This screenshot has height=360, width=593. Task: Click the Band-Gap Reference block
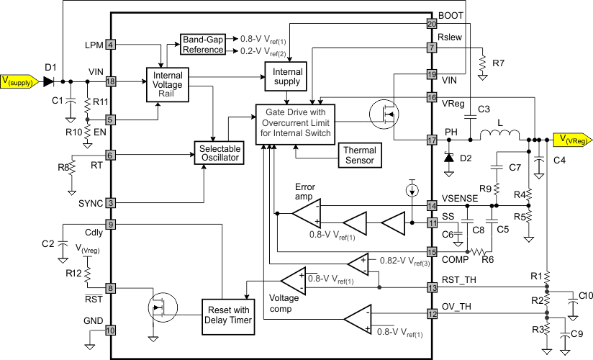pos(202,44)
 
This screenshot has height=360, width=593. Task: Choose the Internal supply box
pos(286,77)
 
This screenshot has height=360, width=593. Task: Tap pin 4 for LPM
pos(111,45)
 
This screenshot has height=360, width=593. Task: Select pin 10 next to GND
pos(111,330)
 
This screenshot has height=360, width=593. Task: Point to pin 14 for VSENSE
pos(432,206)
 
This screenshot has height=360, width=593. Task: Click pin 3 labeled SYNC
pos(111,203)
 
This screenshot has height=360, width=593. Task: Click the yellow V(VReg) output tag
pos(571,139)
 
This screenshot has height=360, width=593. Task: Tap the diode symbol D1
pos(49,81)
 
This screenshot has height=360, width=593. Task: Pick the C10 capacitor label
pos(586,296)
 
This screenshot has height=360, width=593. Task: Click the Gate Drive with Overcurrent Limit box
pos(295,122)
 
